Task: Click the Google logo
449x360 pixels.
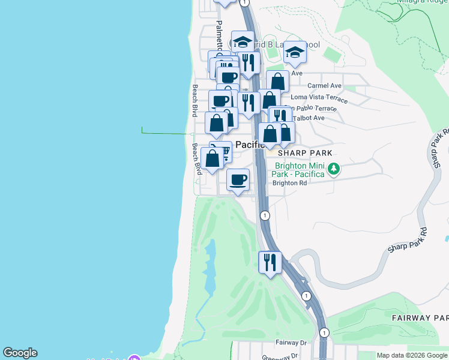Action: point(20,353)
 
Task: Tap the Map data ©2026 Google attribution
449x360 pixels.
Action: point(411,355)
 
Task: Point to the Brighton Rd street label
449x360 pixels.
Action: point(289,183)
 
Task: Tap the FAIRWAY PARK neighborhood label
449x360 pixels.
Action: point(420,317)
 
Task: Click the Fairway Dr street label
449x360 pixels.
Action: point(291,343)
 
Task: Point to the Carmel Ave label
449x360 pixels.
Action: point(324,86)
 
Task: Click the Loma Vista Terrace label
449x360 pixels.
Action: point(319,97)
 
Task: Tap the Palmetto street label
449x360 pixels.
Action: point(219,35)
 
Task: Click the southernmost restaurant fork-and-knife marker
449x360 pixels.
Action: point(270,262)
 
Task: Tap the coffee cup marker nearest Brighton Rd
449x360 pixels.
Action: point(238,179)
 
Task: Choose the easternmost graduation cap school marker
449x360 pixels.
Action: point(295,53)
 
